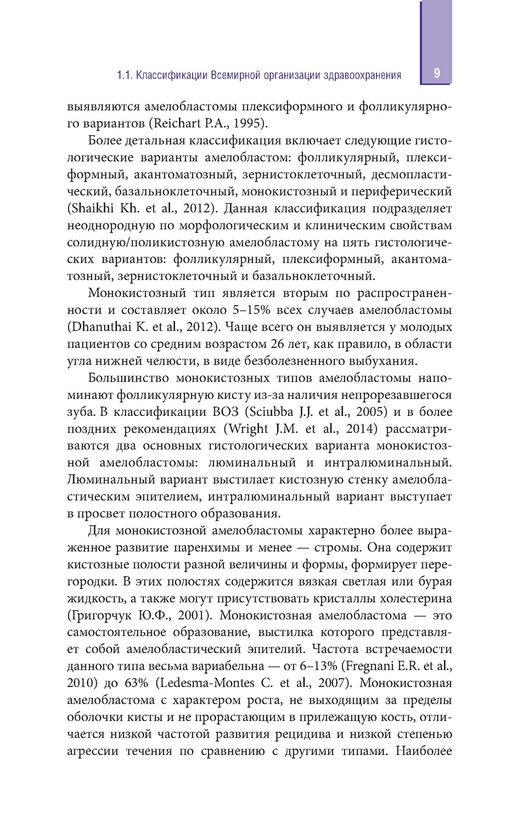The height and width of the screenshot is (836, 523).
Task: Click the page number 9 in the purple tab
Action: [x=437, y=73]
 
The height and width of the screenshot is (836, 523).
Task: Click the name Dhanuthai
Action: [x=100, y=327]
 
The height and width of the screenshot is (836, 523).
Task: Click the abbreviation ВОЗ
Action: [x=225, y=412]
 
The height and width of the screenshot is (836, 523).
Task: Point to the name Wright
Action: [x=249, y=429]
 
